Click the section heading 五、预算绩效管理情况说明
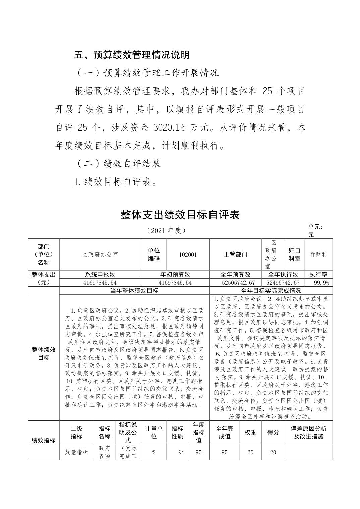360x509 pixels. [132, 55]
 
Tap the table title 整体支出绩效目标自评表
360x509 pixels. [180, 215]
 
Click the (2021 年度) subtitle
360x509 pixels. [166, 231]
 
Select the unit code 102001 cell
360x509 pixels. [188, 254]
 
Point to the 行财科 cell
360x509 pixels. [318, 254]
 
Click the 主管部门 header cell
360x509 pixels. [235, 254]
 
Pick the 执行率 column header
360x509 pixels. [318, 274]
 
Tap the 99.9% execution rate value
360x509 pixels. [321, 283]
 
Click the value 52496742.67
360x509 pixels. [283, 283]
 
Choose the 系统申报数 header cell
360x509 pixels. [100, 274]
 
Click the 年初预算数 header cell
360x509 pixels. [175, 274]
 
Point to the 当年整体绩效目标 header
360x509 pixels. [134, 291]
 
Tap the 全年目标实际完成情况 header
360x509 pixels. [271, 291]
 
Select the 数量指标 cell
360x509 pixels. [76, 452]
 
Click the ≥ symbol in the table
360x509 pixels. [180, 452]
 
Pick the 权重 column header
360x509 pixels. [250, 432]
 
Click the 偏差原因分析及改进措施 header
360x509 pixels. [308, 432]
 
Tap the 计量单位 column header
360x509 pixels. [154, 432]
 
